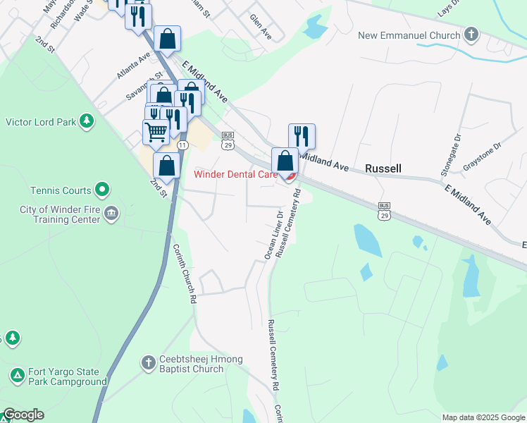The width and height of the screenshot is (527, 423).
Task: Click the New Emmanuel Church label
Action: [x=409, y=35]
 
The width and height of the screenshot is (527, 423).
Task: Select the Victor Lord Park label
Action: [x=41, y=122]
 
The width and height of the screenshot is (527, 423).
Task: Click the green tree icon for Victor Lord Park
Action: [x=87, y=122]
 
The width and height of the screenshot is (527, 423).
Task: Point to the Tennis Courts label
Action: [x=61, y=190]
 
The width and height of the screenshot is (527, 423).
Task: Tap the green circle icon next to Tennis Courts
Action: [x=102, y=190]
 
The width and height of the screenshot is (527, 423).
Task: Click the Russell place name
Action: [x=383, y=168]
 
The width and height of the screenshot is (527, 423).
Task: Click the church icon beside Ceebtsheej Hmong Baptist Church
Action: [x=148, y=363]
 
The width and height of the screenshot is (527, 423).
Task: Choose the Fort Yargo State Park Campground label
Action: [x=68, y=377]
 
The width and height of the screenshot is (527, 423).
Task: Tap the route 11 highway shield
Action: [x=182, y=145]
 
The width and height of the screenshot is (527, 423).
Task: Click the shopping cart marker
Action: [x=156, y=130]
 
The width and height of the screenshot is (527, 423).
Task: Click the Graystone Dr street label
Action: [x=482, y=157]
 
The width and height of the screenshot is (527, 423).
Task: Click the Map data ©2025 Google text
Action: [x=483, y=417]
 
